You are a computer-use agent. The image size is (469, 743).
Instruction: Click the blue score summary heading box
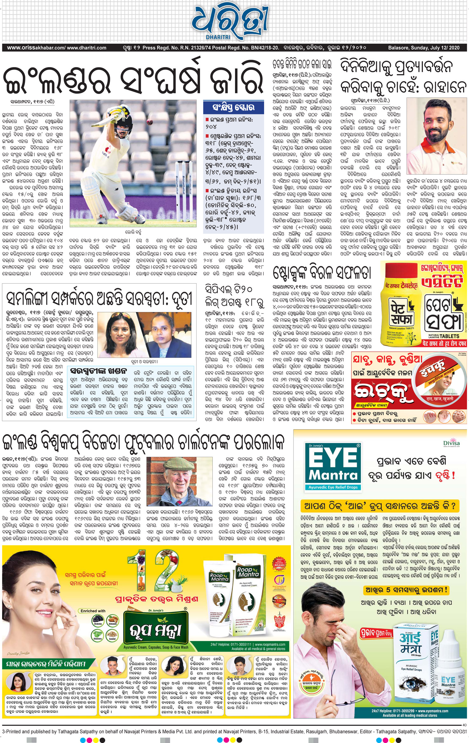click(x=233, y=107)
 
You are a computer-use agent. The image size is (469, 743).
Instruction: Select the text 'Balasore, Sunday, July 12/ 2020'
click(x=424, y=48)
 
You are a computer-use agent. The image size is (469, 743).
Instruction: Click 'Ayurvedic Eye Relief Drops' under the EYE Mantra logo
click(x=333, y=487)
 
